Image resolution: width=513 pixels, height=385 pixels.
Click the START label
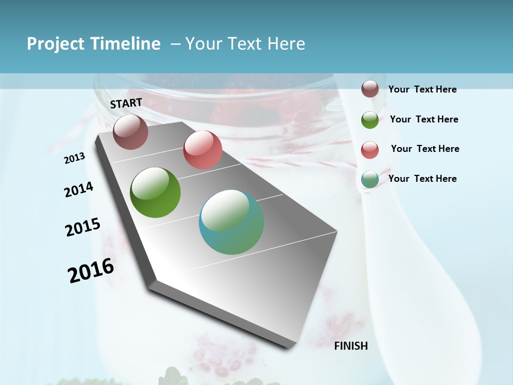coord(126,103)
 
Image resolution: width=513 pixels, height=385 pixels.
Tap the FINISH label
coord(351,346)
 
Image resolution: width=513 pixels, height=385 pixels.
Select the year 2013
coord(75,158)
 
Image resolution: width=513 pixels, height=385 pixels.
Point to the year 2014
coord(79,189)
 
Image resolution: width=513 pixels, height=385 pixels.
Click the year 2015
coord(83,227)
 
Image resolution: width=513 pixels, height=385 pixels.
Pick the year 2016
coord(91,271)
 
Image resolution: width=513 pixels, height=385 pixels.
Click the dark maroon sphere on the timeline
coord(130,132)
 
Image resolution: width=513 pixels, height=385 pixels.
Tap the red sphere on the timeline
coord(203,150)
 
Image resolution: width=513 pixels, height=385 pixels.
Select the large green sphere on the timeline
coord(155,192)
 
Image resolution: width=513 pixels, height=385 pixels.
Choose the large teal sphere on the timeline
coord(231,222)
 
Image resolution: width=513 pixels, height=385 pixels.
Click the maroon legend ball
coord(370,89)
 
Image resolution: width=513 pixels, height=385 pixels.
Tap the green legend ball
coord(370,120)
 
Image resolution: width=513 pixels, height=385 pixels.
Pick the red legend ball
coord(370,150)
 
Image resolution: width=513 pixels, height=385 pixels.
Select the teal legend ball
coord(370,180)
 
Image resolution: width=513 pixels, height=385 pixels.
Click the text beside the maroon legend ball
coord(422,89)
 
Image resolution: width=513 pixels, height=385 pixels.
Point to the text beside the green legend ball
coord(424,119)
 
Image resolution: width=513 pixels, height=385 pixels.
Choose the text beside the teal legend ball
coord(422,179)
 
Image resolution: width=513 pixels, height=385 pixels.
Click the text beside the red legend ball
coord(425,149)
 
